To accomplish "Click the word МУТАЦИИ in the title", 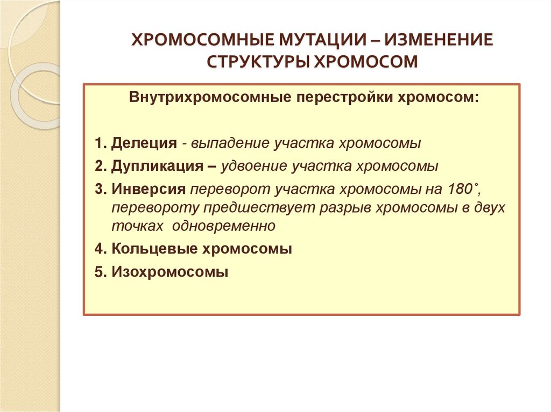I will tap(317, 41).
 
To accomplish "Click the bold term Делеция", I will tap(144, 143).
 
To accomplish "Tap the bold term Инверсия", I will tap(149, 189).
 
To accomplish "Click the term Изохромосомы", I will tap(170, 272).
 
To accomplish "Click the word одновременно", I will tap(224, 226).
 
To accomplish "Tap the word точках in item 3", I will tap(137, 226).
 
